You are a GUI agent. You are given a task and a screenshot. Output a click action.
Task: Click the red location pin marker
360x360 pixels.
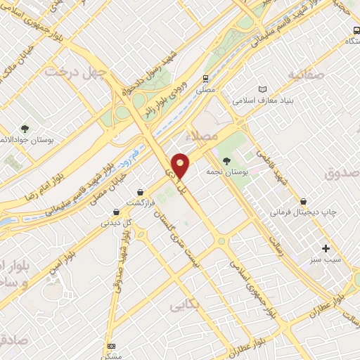click(x=181, y=165)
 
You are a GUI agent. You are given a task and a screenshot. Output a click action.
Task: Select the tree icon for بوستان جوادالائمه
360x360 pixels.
click(x=25, y=129)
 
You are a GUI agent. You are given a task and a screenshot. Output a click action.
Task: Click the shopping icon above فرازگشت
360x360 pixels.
click(x=141, y=191)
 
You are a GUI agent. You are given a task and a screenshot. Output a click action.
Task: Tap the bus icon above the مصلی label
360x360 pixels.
click(x=205, y=79)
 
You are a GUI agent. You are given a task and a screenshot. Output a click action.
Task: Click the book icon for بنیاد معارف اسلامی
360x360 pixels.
click(x=262, y=90)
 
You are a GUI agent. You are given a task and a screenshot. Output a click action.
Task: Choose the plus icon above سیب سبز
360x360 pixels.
click(x=326, y=248)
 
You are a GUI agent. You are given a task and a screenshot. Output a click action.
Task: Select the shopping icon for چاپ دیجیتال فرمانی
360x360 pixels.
click(x=303, y=200)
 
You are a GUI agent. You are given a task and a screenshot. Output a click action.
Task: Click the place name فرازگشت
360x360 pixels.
click(x=140, y=202)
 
